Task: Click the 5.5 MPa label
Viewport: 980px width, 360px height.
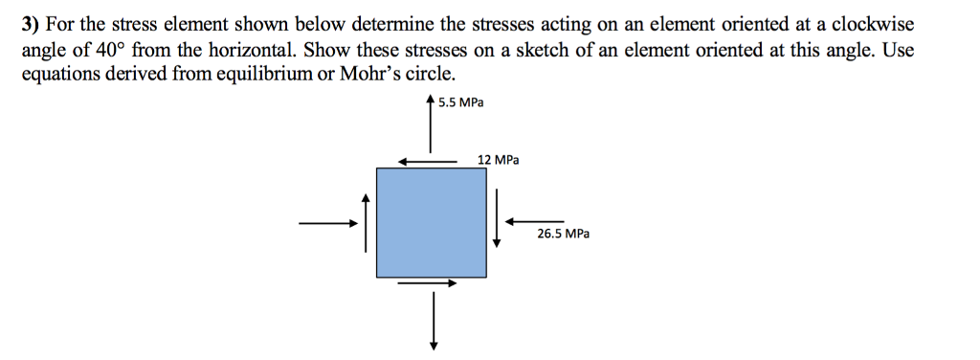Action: (460, 102)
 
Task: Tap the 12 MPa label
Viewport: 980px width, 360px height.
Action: (498, 160)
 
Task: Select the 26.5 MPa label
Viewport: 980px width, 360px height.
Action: (564, 233)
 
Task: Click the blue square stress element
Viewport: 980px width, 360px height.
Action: (431, 222)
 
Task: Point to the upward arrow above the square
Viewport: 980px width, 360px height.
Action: (431, 124)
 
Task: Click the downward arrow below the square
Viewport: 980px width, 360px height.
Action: (434, 321)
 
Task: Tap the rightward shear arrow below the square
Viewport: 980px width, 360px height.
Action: (427, 282)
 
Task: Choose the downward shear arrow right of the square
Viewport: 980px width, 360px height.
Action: (497, 221)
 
